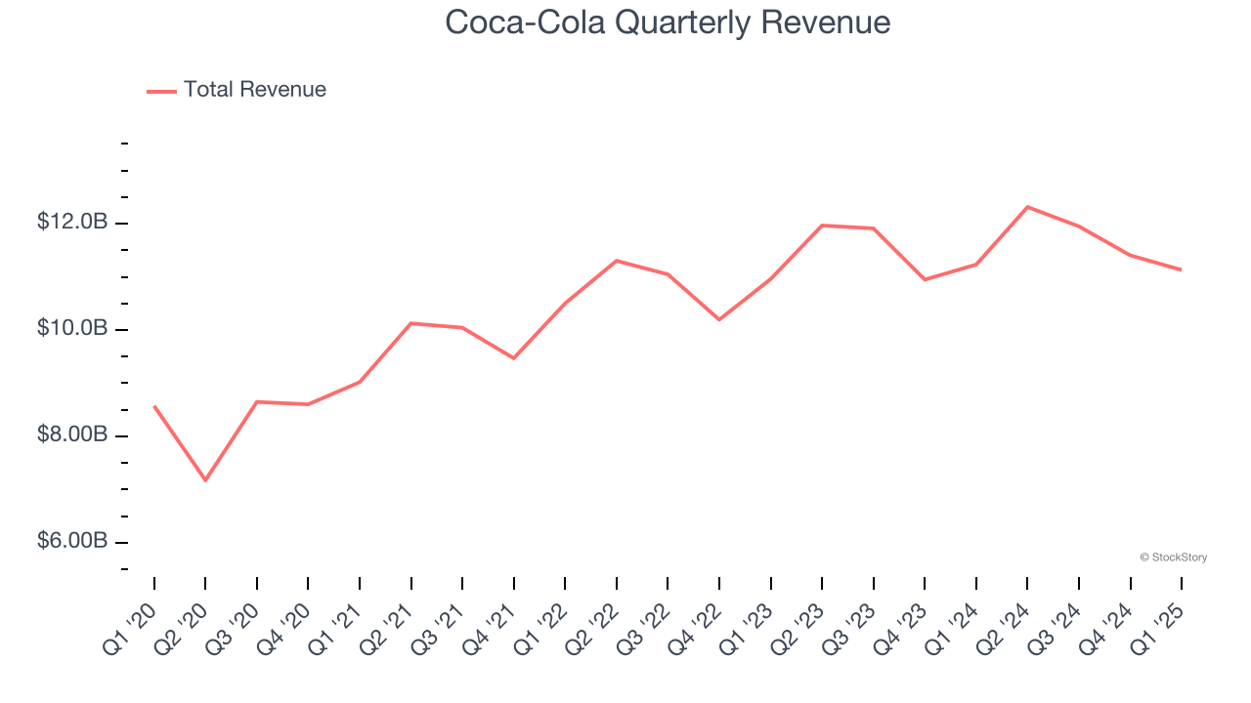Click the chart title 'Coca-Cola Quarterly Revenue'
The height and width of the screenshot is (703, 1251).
click(x=668, y=22)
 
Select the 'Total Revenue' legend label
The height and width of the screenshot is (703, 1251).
click(x=254, y=90)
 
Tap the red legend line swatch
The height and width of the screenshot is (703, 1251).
click(x=161, y=91)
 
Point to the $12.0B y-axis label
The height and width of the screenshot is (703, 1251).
click(x=72, y=223)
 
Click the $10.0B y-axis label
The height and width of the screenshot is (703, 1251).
click(x=72, y=329)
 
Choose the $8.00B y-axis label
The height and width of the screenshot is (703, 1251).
click(x=72, y=434)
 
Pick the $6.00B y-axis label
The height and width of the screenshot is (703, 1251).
click(x=72, y=541)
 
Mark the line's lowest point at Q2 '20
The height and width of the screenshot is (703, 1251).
click(x=205, y=480)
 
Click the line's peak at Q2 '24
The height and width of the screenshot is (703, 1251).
click(x=1027, y=207)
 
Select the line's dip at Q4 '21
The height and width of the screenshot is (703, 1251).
click(x=513, y=358)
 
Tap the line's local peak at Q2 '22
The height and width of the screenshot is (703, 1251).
click(x=617, y=261)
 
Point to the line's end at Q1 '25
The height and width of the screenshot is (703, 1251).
click(x=1181, y=269)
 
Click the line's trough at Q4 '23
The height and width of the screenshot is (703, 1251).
click(x=925, y=279)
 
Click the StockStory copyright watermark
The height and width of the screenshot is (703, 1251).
click(x=1173, y=558)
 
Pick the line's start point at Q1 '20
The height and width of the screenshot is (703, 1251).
click(x=154, y=406)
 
